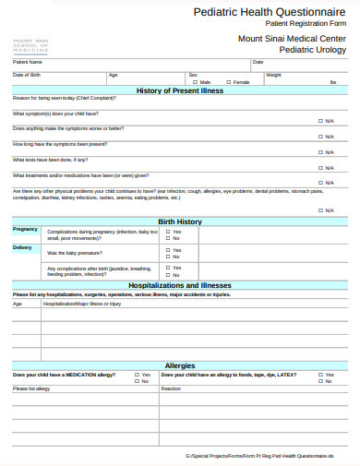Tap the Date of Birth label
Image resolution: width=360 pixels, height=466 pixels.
[26, 74]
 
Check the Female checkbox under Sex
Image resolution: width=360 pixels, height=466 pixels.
[228, 82]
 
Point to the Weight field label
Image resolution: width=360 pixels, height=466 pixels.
[273, 74]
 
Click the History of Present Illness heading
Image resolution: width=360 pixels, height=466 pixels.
[179, 90]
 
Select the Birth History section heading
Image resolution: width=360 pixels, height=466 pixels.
[179, 221]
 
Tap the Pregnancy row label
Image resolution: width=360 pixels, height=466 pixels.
[25, 229]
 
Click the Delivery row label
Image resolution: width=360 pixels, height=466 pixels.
[22, 247]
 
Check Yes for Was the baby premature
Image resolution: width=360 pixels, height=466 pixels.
[167, 249]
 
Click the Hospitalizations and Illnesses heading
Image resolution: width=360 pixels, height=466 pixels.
[179, 286]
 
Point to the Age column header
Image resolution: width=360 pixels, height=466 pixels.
[17, 303]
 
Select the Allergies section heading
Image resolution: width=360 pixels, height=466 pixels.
[179, 365]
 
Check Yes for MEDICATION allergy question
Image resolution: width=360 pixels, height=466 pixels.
[136, 375]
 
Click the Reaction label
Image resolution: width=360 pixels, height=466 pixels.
[172, 388]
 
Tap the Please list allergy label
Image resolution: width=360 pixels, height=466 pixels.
[30, 388]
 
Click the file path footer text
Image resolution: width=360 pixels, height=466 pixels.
[271, 456]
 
